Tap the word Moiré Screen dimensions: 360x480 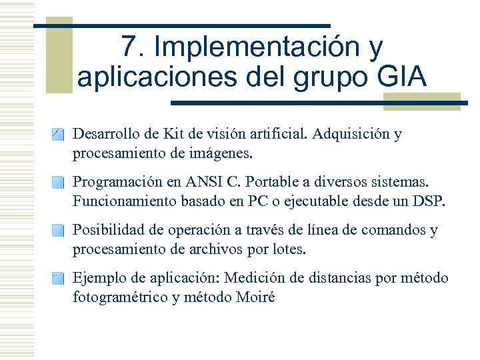pyautogui.click(x=255, y=297)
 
